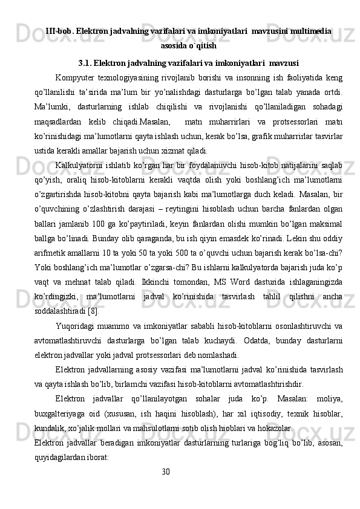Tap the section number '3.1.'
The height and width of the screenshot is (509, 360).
click(88, 62)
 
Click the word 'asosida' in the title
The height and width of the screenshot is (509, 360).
click(174, 45)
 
